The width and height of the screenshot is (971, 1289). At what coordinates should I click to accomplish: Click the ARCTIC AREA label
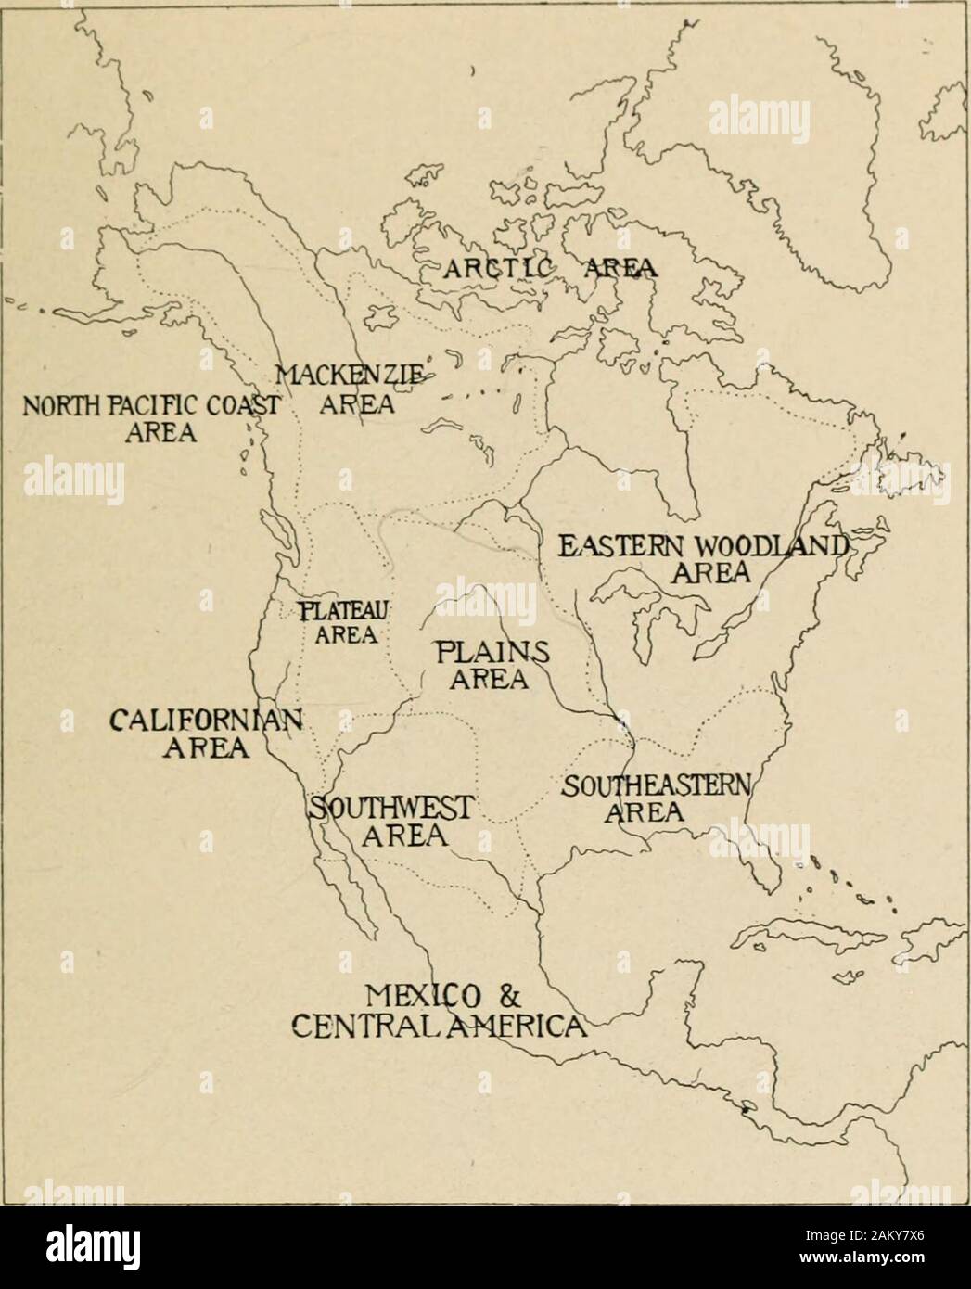[x=549, y=269]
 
